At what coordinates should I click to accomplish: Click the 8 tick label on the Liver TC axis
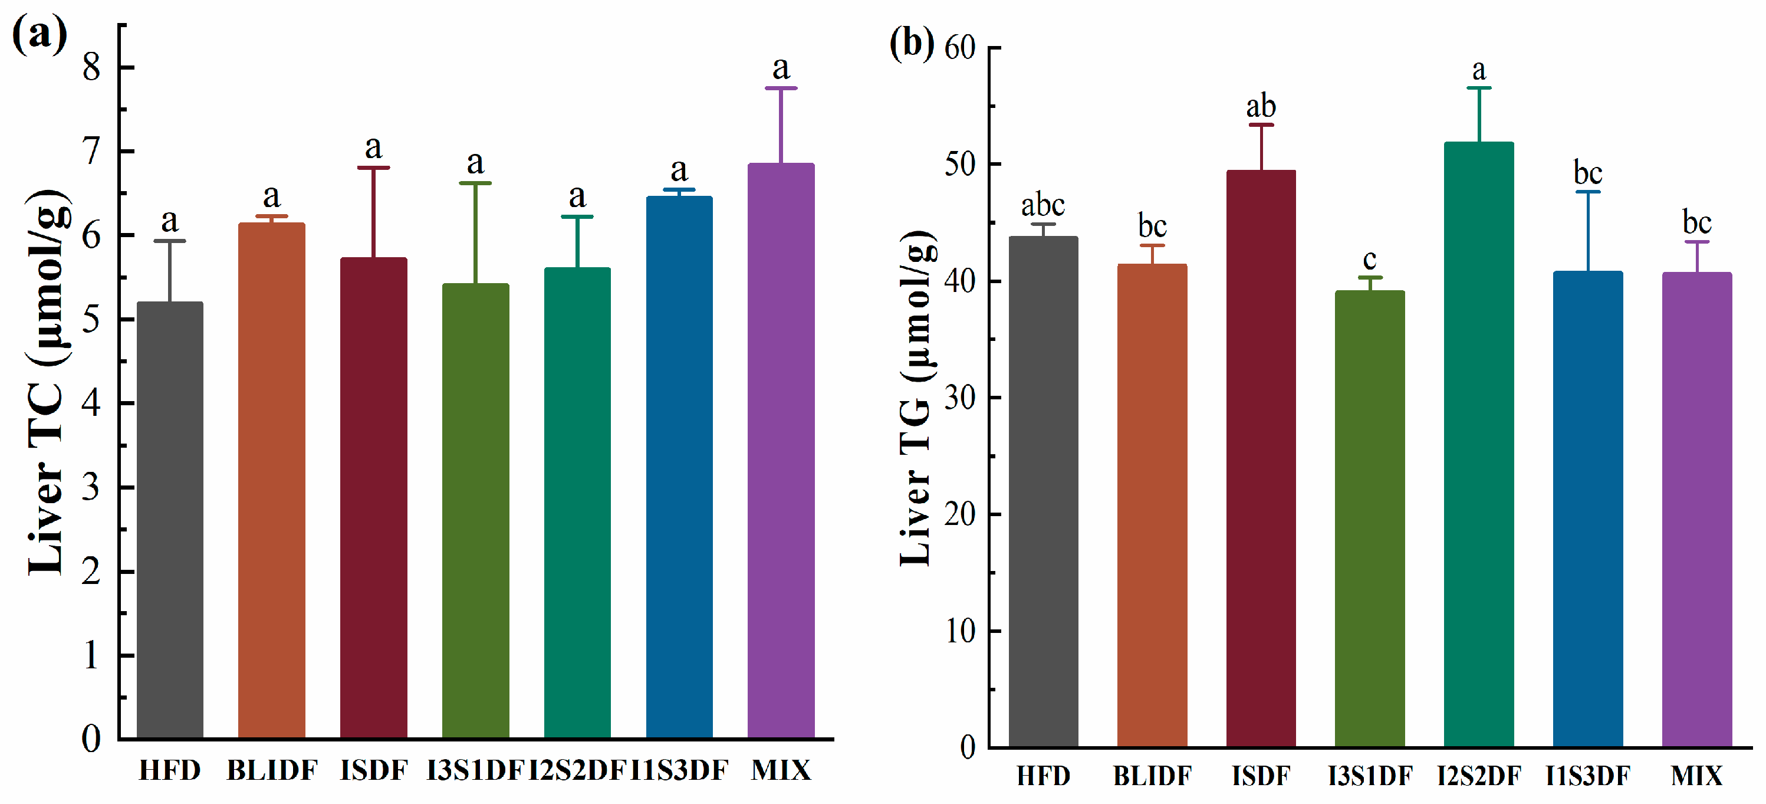pyautogui.click(x=91, y=67)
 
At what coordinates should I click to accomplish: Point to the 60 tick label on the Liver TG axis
pyautogui.click(x=960, y=48)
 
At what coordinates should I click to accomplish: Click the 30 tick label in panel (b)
pyautogui.click(x=960, y=398)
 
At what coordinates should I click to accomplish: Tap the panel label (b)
pyautogui.click(x=912, y=42)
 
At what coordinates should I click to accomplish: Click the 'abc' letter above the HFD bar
pyautogui.click(x=1043, y=205)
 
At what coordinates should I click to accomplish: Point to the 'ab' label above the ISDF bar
pyautogui.click(x=1261, y=107)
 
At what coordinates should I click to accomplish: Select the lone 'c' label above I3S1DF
pyautogui.click(x=1370, y=260)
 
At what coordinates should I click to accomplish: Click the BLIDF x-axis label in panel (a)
pyautogui.click(x=272, y=770)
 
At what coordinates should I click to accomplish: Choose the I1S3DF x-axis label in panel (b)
pyautogui.click(x=1588, y=776)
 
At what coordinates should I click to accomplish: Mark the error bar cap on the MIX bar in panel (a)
pyautogui.click(x=781, y=88)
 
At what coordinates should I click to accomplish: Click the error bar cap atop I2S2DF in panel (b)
pyautogui.click(x=1479, y=88)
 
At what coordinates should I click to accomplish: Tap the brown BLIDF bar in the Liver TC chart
pyautogui.click(x=271, y=480)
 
